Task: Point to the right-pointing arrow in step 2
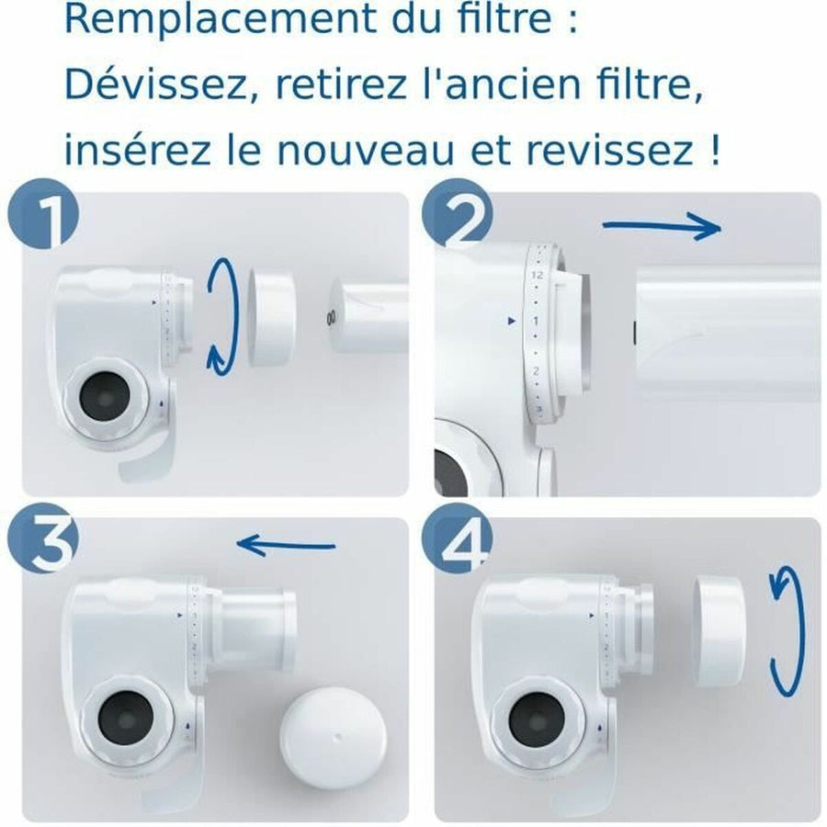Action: (661, 226)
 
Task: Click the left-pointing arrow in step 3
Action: (286, 546)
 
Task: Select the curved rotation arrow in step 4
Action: (781, 632)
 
